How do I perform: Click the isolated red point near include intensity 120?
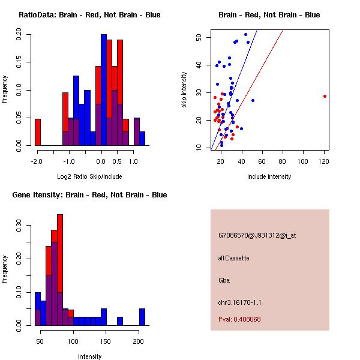click(325, 96)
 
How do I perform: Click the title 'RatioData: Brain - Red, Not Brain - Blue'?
click(89, 15)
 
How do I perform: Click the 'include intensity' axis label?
click(269, 176)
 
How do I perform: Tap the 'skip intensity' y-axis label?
click(184, 90)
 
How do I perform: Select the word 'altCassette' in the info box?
click(234, 258)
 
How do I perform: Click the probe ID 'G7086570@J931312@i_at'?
click(257, 235)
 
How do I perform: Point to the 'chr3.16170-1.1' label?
click(240, 302)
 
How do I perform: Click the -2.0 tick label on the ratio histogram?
click(37, 161)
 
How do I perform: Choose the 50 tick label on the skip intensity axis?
click(198, 37)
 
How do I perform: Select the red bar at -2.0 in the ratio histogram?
click(38, 132)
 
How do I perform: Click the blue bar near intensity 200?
click(142, 317)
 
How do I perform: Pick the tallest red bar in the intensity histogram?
click(60, 270)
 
